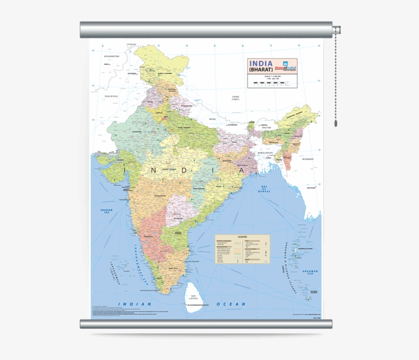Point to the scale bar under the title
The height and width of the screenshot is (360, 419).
[x=271, y=83]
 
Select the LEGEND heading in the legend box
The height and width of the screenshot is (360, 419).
[x=242, y=237]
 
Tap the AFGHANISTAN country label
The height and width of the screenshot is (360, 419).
[x=111, y=56]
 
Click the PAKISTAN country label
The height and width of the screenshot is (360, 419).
[x=111, y=96]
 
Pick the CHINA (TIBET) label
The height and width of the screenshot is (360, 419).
[x=235, y=98]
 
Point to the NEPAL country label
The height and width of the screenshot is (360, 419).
[x=213, y=119]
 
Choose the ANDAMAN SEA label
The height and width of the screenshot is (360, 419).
[x=310, y=273]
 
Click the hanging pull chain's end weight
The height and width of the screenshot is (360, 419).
[x=336, y=123]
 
